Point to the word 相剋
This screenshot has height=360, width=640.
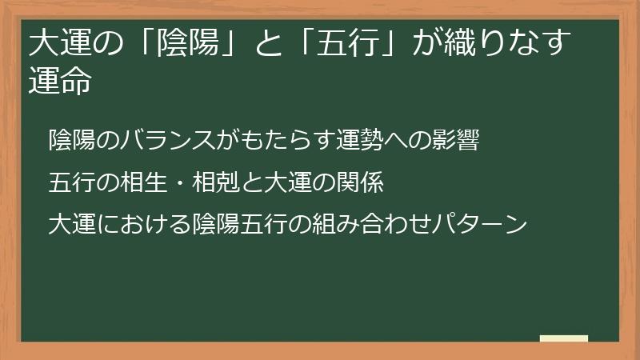point(214,182)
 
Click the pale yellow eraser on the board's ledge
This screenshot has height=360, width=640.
point(564,338)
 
